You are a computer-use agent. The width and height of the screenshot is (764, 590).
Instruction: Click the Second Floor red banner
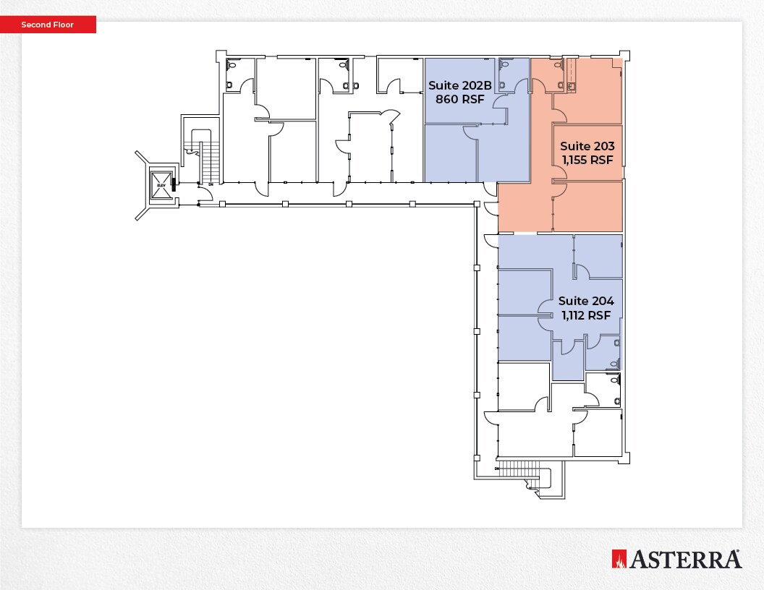(48, 25)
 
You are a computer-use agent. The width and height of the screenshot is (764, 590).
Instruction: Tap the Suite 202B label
(460, 85)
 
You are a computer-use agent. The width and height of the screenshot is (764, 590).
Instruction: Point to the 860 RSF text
(460, 99)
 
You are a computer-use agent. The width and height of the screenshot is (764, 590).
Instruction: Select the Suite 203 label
(587, 146)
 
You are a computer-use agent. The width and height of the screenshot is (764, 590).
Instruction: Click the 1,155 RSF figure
(587, 160)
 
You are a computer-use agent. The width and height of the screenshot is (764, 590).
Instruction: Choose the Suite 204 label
(586, 301)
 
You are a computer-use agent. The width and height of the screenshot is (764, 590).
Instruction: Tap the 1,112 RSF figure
(586, 315)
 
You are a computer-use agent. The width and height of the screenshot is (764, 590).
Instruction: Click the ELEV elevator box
(161, 186)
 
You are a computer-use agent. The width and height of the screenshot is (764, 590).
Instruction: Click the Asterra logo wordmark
(685, 559)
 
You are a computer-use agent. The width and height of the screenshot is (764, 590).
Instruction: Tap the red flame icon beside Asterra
(619, 559)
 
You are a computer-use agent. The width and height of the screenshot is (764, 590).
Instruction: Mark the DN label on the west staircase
(211, 184)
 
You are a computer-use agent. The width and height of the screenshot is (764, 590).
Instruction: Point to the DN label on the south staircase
(498, 469)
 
